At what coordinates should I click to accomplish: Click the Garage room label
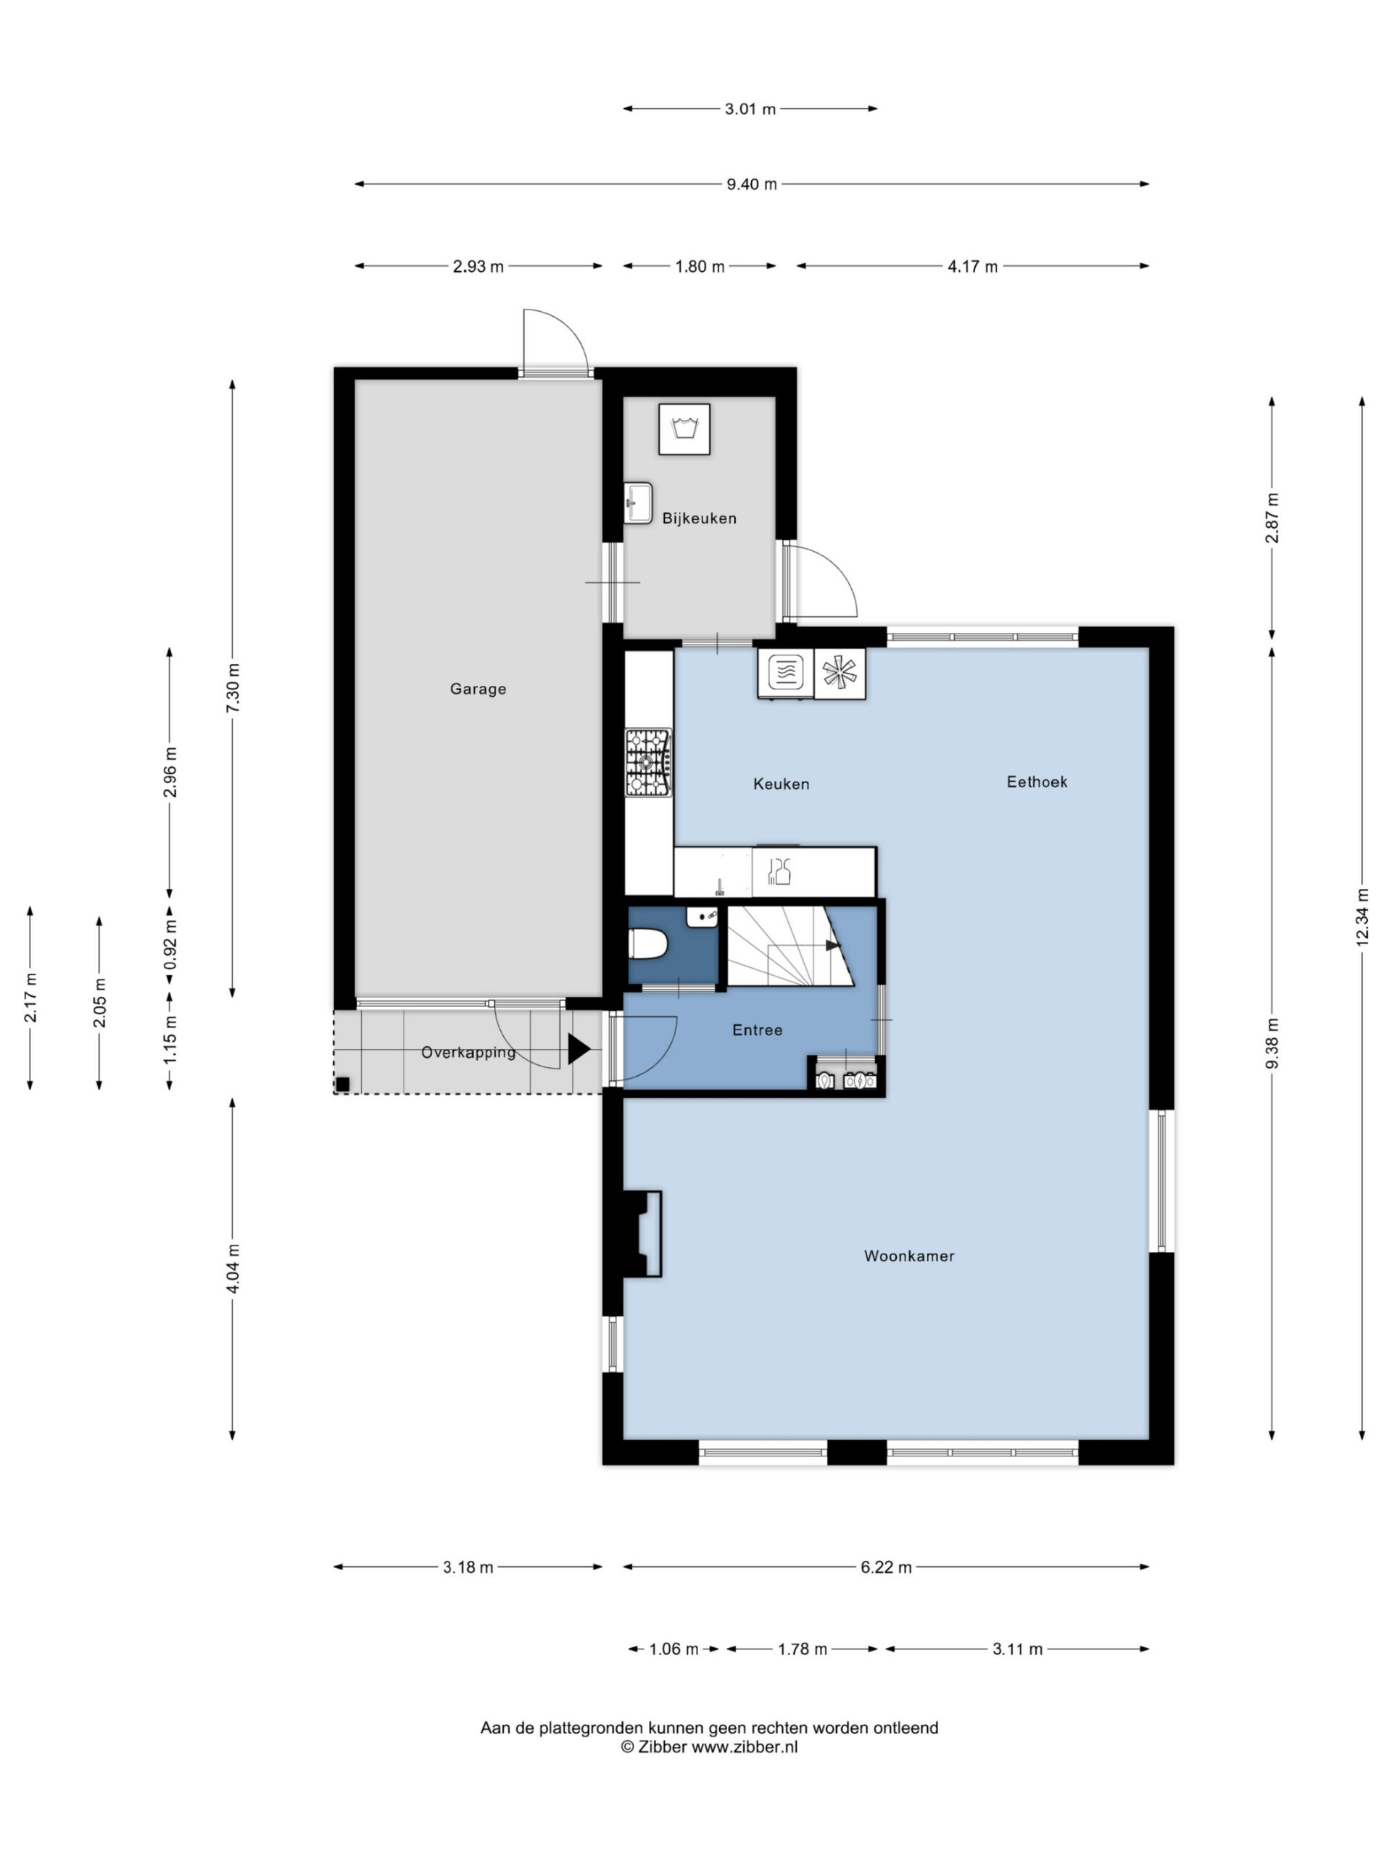(x=478, y=689)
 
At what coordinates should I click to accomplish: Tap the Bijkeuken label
(x=699, y=518)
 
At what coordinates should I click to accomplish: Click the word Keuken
(x=781, y=784)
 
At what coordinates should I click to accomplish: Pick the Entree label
(x=757, y=1029)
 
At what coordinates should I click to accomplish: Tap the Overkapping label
(x=468, y=1052)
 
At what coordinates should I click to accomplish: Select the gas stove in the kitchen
(x=647, y=763)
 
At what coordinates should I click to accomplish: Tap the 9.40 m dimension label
(x=751, y=183)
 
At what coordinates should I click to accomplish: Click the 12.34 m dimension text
(x=1361, y=916)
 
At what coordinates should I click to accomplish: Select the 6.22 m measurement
(x=886, y=1567)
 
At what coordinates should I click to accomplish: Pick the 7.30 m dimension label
(x=233, y=688)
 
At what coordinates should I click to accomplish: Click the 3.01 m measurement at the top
(x=750, y=108)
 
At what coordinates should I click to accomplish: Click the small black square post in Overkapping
(x=342, y=1084)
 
